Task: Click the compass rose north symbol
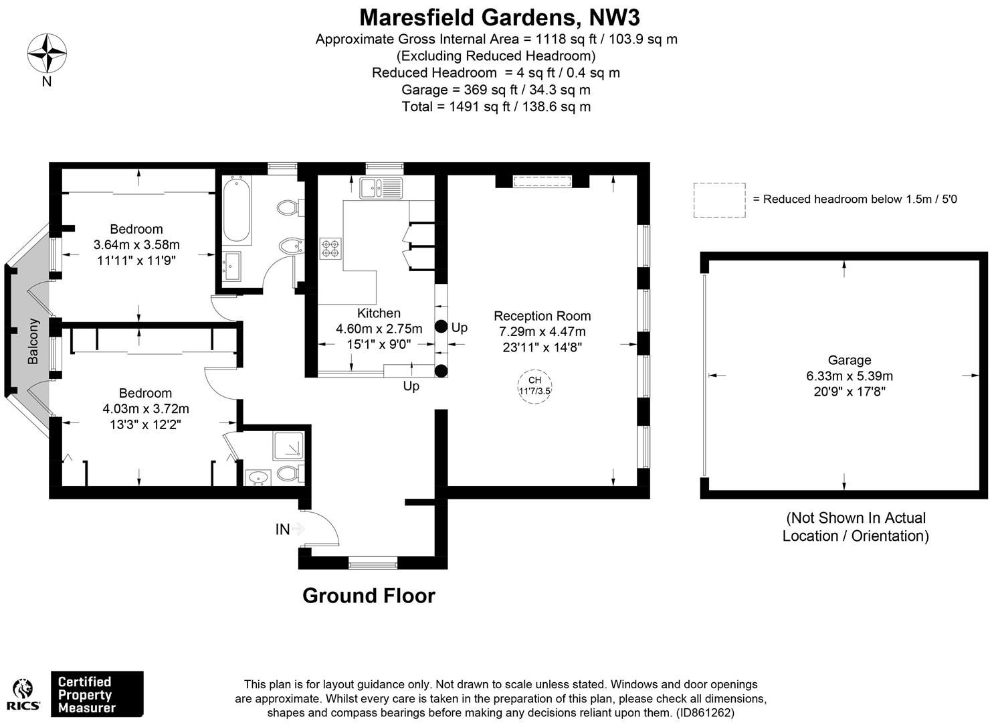tap(47, 54)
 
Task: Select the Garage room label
tap(849, 360)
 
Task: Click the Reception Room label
tap(542, 316)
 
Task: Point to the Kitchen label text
tap(379, 313)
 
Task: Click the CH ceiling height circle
tap(534, 386)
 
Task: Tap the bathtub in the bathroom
tap(236, 210)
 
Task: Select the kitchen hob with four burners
tap(331, 248)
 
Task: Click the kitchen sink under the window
tap(379, 188)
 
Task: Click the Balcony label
tap(33, 341)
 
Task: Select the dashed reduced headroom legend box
tap(719, 199)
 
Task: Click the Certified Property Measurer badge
tap(97, 694)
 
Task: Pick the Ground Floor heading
tap(369, 596)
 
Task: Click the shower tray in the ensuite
tap(289, 446)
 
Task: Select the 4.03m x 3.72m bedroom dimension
tap(145, 409)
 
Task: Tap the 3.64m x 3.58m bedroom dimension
tap(136, 245)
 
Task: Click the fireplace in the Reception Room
tap(542, 181)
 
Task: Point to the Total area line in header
tap(496, 107)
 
